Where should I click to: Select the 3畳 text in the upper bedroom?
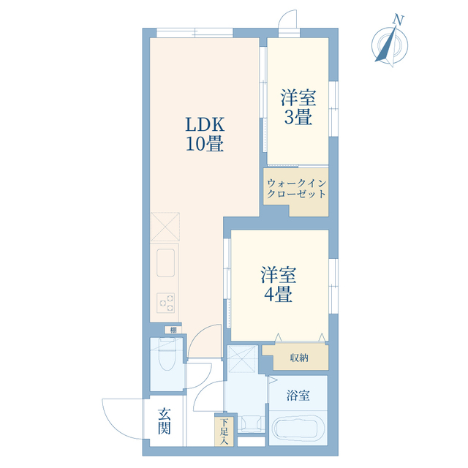298,117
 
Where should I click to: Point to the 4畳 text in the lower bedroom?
278,295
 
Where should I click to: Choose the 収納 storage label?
298,358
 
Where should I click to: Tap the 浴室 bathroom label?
298,396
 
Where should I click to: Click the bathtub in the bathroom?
298,430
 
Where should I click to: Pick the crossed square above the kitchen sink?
165,226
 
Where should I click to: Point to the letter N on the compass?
399,20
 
